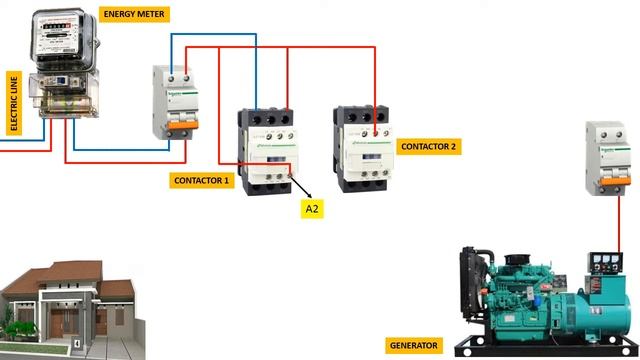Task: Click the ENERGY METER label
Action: pos(135,14)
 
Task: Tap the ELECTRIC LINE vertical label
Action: pos(14,103)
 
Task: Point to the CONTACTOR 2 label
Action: pos(429,146)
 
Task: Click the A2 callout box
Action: pos(313,209)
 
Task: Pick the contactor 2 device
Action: pos(365,146)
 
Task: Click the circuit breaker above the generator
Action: pos(609,158)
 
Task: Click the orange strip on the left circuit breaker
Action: pos(172,123)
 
